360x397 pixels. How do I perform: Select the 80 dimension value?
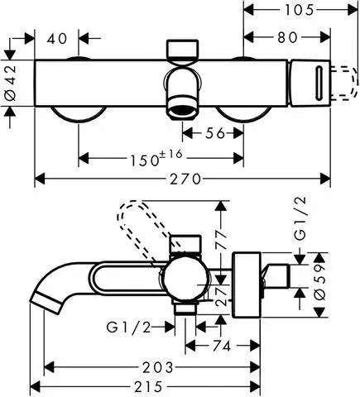[287, 37]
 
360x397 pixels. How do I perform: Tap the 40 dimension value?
[56, 37]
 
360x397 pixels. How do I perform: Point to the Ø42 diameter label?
[10, 84]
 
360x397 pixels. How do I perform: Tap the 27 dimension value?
[220, 295]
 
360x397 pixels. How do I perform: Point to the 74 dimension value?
[221, 346]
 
